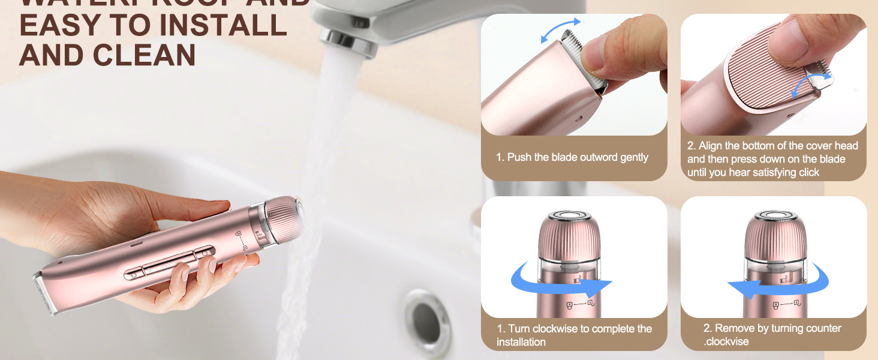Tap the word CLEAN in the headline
pyautogui.click(x=144, y=55)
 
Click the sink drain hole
pyautogui.click(x=427, y=316)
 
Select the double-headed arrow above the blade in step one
pyautogui.click(x=561, y=31)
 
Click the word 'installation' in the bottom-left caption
pyautogui.click(x=521, y=342)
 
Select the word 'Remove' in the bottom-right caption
pyautogui.click(x=736, y=328)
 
